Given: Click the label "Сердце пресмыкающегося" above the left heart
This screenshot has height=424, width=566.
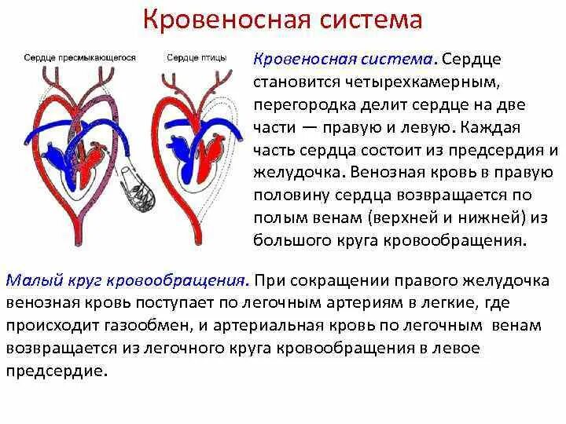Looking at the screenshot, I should tap(80, 57).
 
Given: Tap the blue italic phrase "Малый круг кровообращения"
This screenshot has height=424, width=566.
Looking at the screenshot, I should tap(128, 280).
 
